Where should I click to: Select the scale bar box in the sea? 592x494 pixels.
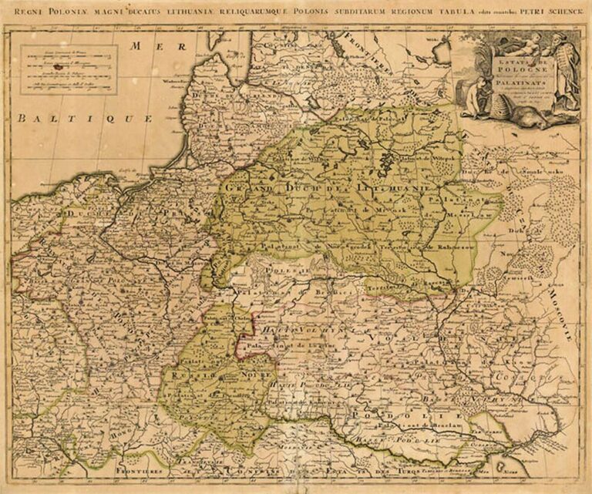[69, 69]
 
